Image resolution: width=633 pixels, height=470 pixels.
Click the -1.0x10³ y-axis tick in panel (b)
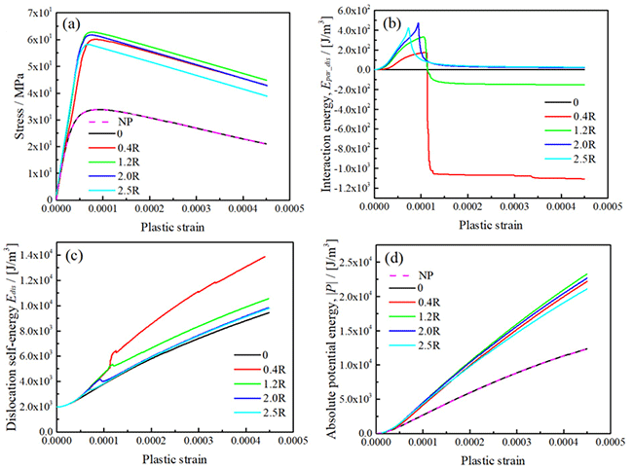[349, 169]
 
